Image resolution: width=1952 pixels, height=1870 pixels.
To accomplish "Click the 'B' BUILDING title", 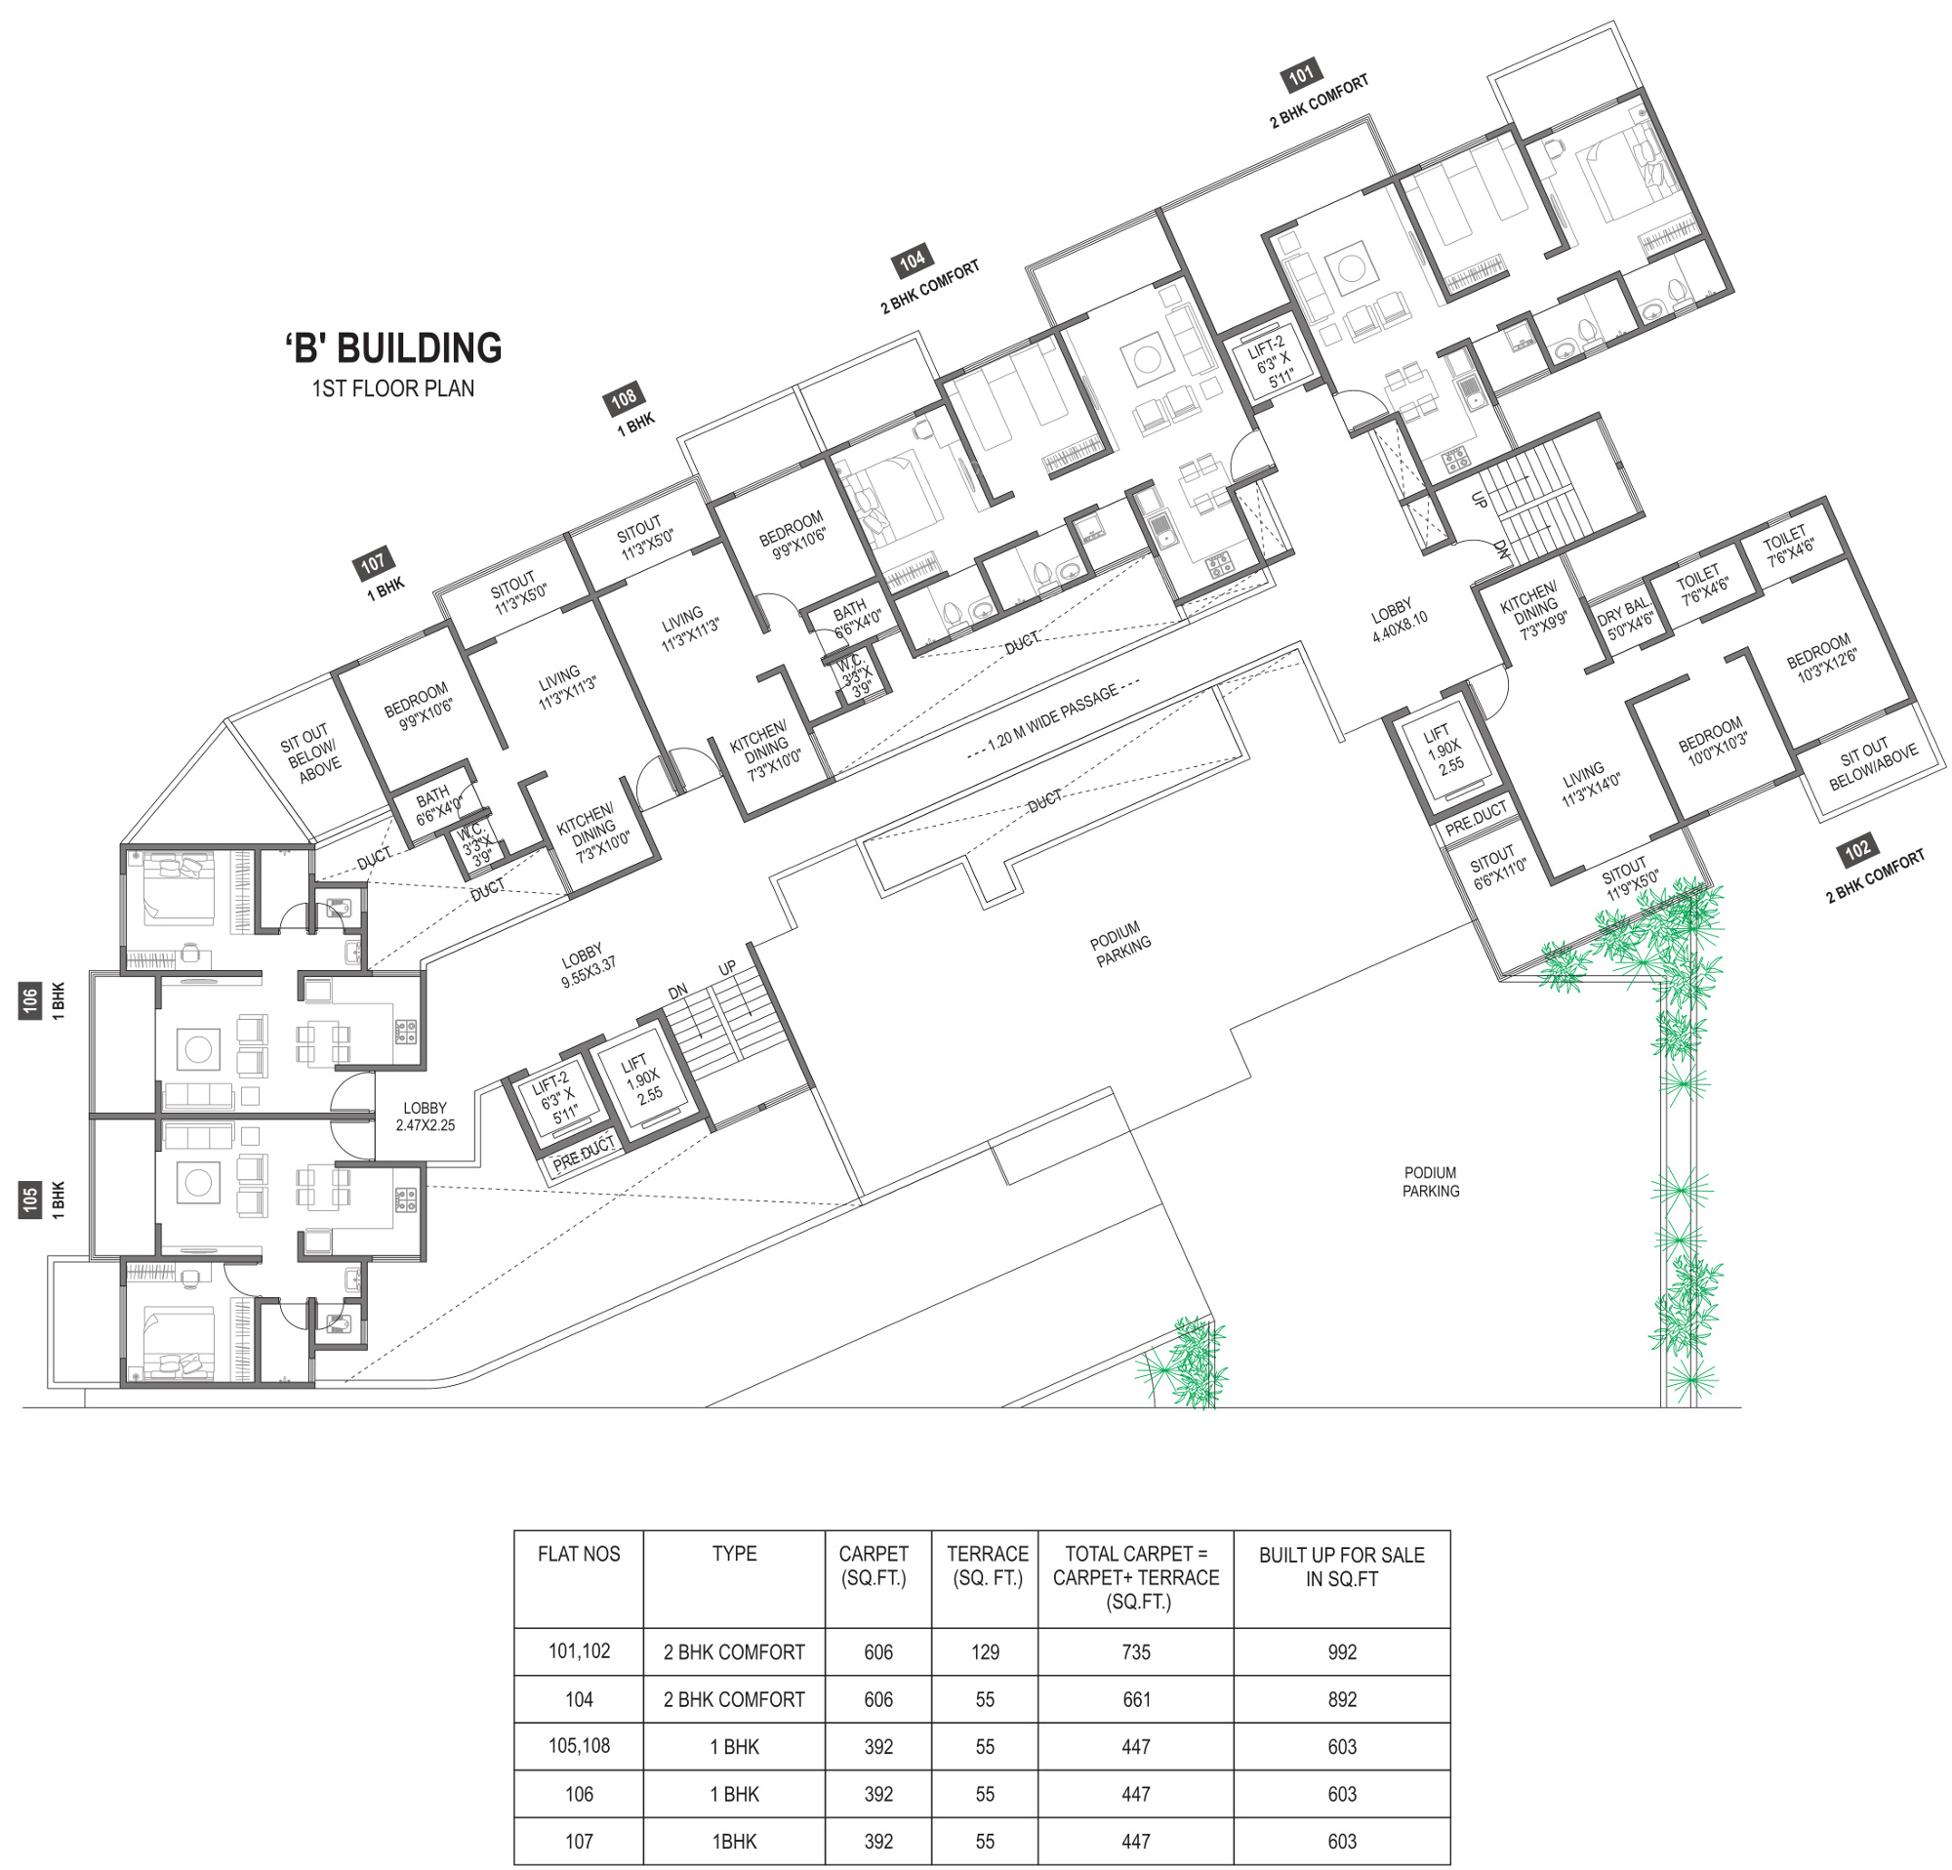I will [x=393, y=348].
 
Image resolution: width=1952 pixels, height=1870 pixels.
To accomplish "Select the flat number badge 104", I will [x=912, y=262].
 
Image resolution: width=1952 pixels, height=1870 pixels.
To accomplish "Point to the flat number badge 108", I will [x=624, y=399].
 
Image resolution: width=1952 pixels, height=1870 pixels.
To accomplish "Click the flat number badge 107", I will [x=373, y=563].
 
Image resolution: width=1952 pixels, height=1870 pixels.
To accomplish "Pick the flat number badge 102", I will [x=1857, y=849].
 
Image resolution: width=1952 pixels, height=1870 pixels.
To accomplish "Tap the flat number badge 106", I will [x=30, y=999].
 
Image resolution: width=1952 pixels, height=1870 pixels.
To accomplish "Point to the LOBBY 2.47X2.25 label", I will [x=426, y=1117].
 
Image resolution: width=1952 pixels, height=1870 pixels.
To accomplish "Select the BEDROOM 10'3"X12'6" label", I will [x=1821, y=658].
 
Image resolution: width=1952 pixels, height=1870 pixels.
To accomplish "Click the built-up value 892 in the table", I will [x=1341, y=1700].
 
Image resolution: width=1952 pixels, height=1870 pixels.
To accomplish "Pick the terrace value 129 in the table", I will [x=985, y=1652].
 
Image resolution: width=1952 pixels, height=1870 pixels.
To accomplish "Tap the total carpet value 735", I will [x=1135, y=1652].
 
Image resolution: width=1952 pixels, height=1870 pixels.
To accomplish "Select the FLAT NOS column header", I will [x=579, y=1554].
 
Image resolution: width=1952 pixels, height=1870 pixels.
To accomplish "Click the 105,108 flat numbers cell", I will [x=579, y=1746].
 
